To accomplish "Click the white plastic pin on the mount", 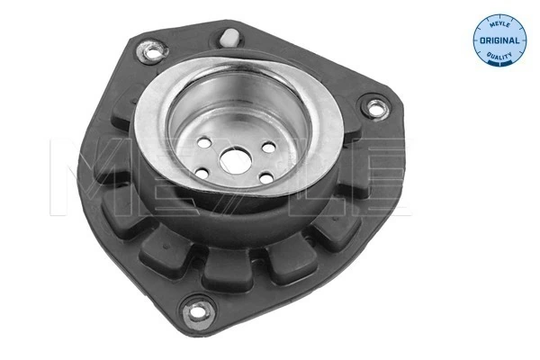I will pyautogui.click(x=229, y=38).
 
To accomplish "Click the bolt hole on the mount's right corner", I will pyautogui.click(x=373, y=111).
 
